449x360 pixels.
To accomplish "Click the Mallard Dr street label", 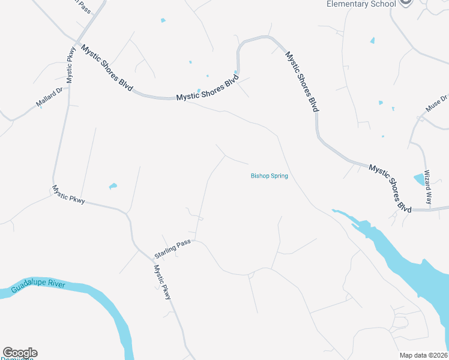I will pyautogui.click(x=49, y=97).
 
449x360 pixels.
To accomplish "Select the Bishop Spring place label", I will pyautogui.click(x=270, y=176).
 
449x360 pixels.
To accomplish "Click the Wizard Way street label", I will pyautogui.click(x=428, y=187).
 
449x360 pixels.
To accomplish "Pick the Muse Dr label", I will pyautogui.click(x=436, y=103).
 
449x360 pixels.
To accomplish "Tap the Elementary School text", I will pyautogui.click(x=361, y=4).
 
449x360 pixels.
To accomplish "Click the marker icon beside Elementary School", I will pyautogui.click(x=406, y=3).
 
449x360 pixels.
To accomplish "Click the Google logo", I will pyautogui.click(x=20, y=353).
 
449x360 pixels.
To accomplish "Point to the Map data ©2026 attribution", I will pyautogui.click(x=423, y=355).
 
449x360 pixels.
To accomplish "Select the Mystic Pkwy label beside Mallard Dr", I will pyautogui.click(x=71, y=65).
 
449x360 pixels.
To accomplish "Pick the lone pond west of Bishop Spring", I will pyautogui.click(x=113, y=186).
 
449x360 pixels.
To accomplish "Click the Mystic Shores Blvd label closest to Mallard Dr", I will pyautogui.click(x=107, y=68).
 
